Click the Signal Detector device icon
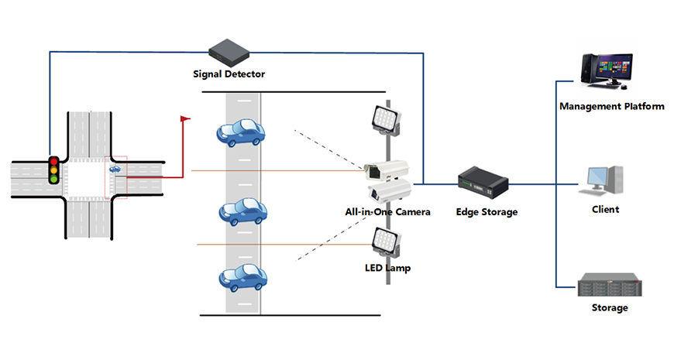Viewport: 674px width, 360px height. tap(229, 52)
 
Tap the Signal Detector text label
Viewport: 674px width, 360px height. tap(229, 74)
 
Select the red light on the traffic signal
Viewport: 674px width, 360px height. tap(53, 161)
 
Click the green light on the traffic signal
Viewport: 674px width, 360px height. tap(53, 179)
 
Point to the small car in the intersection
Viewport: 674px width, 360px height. tap(115, 168)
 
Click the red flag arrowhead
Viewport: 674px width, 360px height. tap(185, 118)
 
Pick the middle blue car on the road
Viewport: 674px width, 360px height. tap(243, 211)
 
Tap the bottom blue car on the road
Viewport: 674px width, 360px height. tap(242, 276)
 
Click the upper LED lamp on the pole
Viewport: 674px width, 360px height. tap(382, 118)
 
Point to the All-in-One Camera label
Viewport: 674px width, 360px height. tap(387, 211)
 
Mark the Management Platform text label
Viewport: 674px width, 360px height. tap(612, 106)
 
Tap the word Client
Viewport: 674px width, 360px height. tap(604, 209)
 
